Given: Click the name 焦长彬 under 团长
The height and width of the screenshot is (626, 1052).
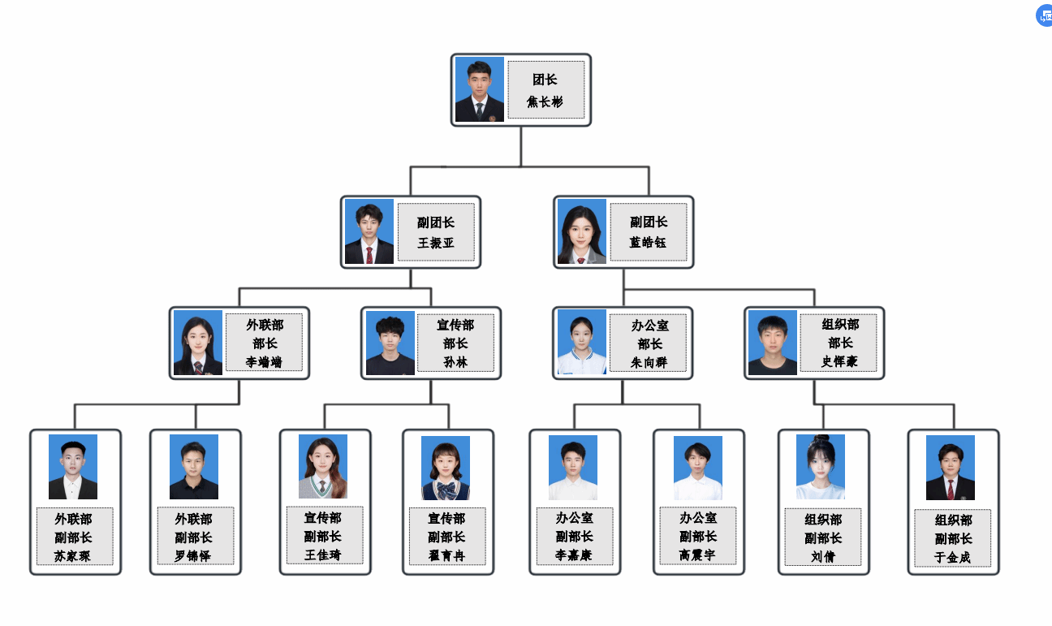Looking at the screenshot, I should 545,102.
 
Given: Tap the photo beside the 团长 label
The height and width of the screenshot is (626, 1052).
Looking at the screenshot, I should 480,89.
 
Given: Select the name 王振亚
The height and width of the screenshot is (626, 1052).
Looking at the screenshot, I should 436,243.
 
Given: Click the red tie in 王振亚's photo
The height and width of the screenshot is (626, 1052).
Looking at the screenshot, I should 369,255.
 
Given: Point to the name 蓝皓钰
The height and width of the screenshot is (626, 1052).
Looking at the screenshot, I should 649,243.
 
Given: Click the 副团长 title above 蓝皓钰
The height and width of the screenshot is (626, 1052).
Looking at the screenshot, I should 649,222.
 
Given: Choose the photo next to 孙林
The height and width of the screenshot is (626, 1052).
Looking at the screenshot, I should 390,343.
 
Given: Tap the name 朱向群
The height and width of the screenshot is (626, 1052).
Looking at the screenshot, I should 649,362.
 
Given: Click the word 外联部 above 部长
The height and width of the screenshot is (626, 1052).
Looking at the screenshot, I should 265,325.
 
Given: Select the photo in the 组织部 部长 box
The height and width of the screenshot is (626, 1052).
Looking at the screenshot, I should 773,343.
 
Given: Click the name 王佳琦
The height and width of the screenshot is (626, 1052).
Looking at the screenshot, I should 323,555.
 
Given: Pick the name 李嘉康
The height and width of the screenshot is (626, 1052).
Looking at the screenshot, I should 574,555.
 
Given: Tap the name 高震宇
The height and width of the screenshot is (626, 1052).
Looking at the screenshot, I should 698,555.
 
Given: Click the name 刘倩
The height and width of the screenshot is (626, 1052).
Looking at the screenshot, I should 823,556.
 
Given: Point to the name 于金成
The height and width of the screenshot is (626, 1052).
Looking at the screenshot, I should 953,558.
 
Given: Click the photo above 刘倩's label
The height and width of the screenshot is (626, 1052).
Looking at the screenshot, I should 821,467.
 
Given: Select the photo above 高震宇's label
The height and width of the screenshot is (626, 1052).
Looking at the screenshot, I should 698,468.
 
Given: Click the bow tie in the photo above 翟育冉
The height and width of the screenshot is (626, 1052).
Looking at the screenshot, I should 446,490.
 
